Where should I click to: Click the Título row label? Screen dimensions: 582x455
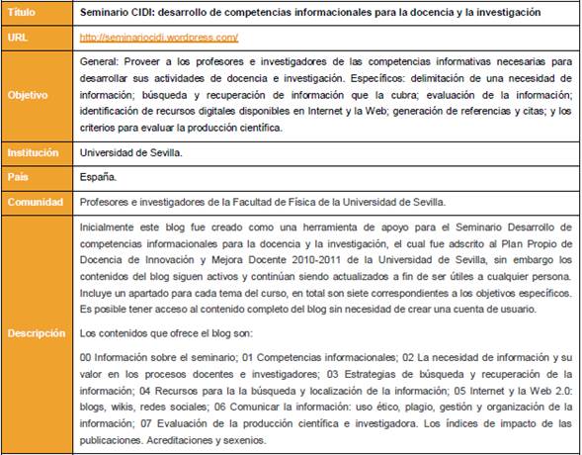coord(21,13)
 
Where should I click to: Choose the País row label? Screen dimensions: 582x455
coord(18,177)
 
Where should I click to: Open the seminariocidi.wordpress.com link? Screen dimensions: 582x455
coord(159,37)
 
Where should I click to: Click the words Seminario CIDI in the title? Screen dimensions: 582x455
coord(120,13)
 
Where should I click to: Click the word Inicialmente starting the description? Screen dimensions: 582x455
coord(110,226)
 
